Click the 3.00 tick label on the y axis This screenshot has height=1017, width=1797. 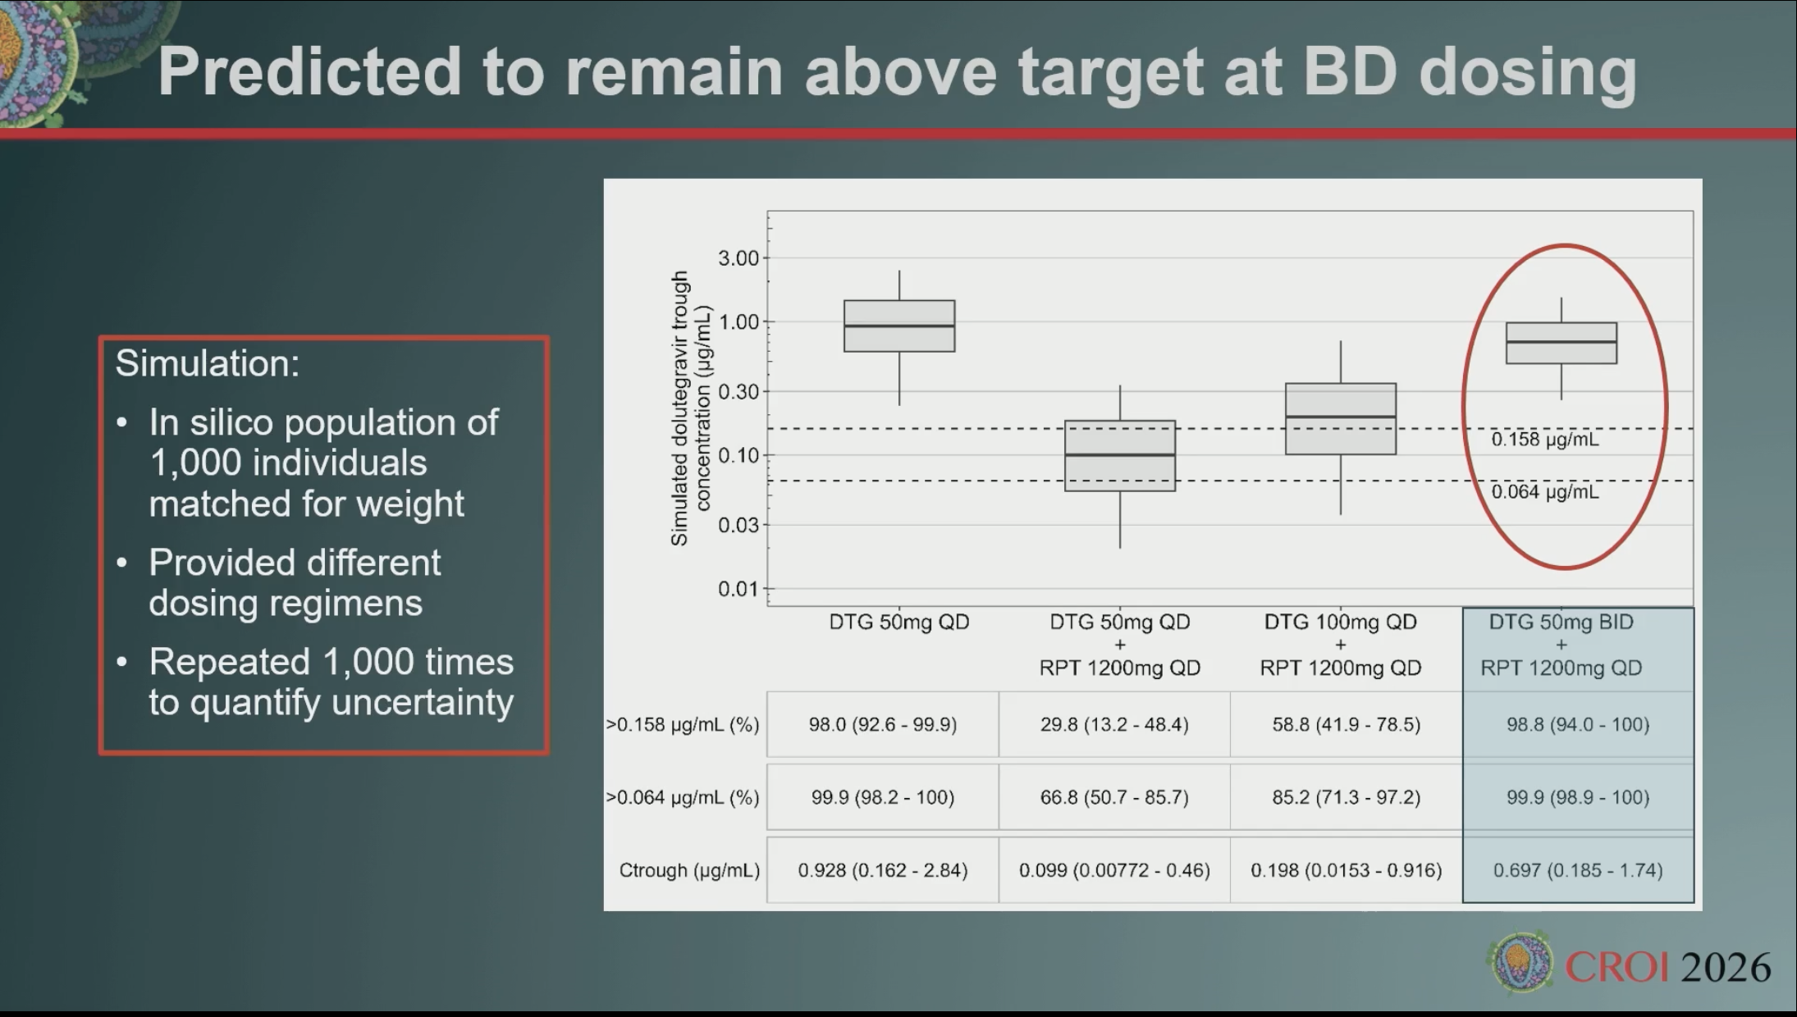tap(738, 258)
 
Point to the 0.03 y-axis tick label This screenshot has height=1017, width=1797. tap(738, 525)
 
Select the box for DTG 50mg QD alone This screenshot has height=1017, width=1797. tap(899, 326)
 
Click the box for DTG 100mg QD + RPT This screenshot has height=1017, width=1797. tap(1341, 418)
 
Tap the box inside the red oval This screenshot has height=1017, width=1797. tap(1562, 343)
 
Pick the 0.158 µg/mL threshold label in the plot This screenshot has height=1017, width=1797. tap(1545, 440)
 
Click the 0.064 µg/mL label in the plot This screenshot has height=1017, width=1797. tap(1545, 492)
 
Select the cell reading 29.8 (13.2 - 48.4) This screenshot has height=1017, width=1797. tap(1114, 724)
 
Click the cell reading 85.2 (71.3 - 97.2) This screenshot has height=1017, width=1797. tap(1346, 797)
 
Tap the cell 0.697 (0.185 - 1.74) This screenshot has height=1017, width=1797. tap(1578, 870)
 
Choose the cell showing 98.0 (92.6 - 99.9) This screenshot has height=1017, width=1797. tap(883, 724)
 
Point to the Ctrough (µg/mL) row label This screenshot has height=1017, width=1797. tap(689, 870)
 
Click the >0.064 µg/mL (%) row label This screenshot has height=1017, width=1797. tap(683, 797)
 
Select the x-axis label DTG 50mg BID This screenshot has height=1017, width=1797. tap(1562, 622)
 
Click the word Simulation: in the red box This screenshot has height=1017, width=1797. tap(208, 363)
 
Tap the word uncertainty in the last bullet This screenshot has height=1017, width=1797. tap(352, 703)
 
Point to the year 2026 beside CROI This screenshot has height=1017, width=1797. tap(1726, 968)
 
